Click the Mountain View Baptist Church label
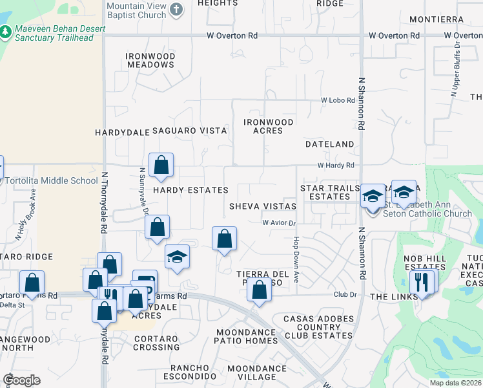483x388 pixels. coord(136,10)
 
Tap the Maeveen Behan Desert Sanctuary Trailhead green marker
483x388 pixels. coord(6,31)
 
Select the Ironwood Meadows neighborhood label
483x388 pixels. coord(151,60)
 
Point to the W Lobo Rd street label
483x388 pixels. coord(338,101)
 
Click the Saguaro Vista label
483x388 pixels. coord(189,131)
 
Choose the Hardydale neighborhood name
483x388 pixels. coord(122,132)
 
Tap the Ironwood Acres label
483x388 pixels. coord(268,126)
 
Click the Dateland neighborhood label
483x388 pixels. coord(329,144)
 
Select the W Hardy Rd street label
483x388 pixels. coord(336,166)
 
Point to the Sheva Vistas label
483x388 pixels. coord(263,206)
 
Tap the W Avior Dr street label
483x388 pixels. coord(278,223)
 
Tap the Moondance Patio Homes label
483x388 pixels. coord(247,336)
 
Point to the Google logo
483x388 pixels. coord(21,380)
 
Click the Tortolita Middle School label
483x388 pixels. coord(52,180)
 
